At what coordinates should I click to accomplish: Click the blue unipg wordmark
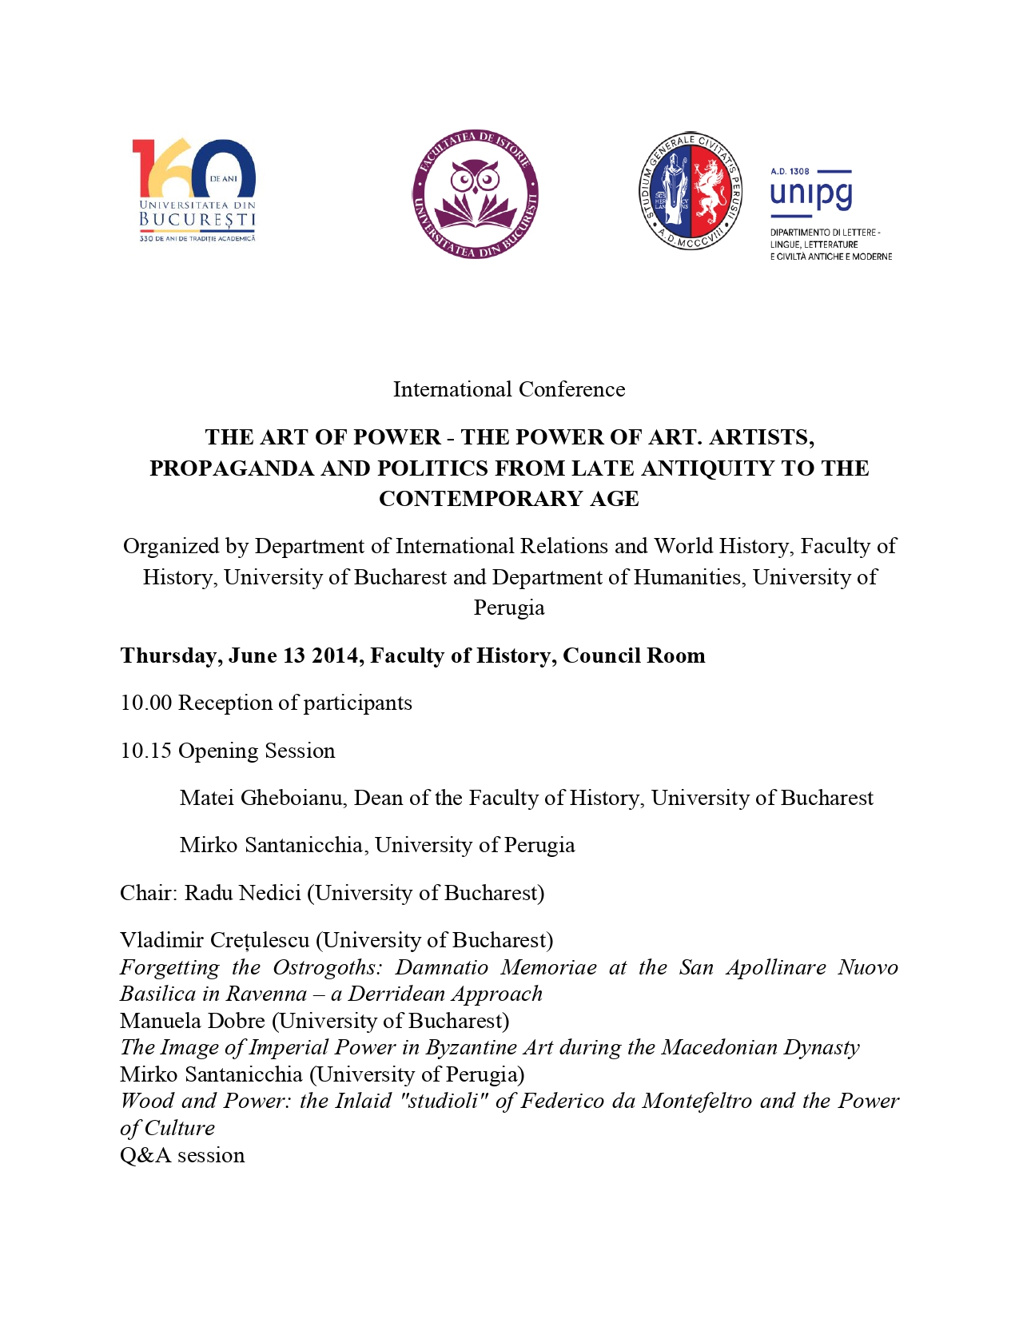811,194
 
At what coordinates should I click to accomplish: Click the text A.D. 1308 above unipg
790,171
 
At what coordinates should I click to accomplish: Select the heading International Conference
509,389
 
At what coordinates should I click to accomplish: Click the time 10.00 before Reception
146,703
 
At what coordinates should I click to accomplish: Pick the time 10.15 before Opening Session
146,751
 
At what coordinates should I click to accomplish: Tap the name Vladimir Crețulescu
214,940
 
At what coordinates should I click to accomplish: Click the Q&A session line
182,1155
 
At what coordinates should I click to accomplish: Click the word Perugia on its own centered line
509,608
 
